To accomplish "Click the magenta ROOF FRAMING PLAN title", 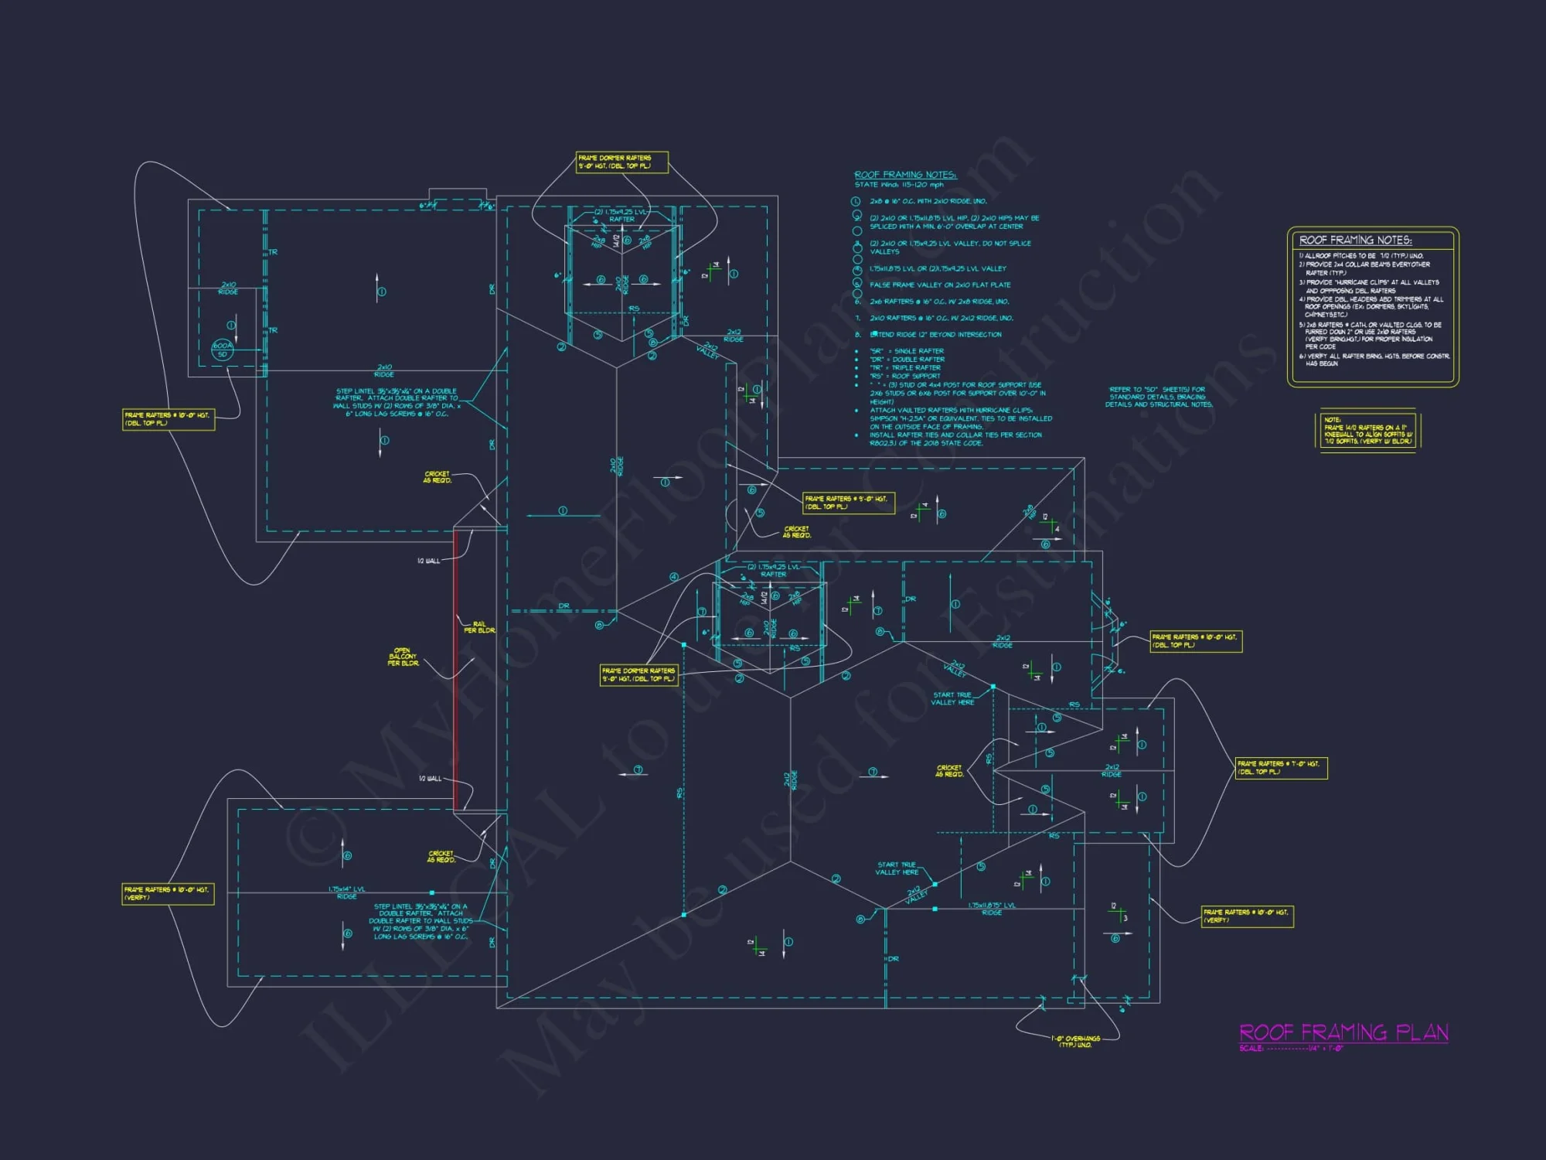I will (1343, 1032).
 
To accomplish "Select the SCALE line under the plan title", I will (1291, 1049).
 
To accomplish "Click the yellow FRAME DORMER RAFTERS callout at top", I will (621, 162).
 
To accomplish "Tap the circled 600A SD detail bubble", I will (223, 350).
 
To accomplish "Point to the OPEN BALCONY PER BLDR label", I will (403, 657).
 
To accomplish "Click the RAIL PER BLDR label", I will (479, 626).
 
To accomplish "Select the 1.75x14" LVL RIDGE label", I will (346, 892).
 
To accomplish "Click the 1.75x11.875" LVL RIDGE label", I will (992, 909).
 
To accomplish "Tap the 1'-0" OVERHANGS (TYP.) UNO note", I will (1075, 1042).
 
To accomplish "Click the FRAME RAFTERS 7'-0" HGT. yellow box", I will (1281, 767).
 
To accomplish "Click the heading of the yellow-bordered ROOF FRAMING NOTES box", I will (1355, 241).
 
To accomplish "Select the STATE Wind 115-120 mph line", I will (898, 185).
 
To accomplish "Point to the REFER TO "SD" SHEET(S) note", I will (1158, 397).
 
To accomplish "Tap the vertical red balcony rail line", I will (455, 669).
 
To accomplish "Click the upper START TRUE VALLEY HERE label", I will (952, 698).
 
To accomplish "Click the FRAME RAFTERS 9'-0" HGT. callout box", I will (848, 503).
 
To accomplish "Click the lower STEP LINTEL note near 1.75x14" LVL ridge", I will (421, 921).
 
